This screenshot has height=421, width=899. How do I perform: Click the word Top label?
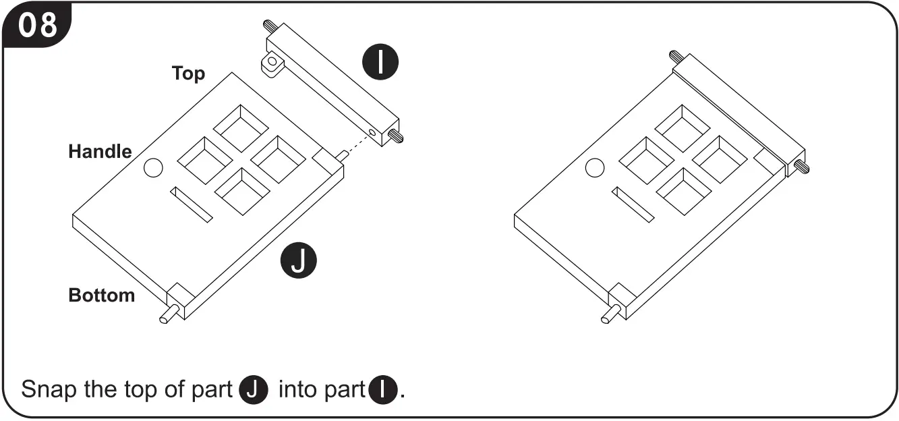pos(188,73)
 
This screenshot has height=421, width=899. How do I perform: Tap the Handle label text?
pos(100,151)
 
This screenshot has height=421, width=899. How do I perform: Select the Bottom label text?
pos(101,295)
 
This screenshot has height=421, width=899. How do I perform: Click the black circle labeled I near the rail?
pos(381,62)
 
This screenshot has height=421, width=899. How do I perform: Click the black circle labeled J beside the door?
pos(298,262)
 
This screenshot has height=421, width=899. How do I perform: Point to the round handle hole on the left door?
pos(153,168)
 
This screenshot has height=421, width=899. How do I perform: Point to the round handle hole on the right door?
pos(595,167)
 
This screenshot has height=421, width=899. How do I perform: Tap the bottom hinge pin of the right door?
pos(609,314)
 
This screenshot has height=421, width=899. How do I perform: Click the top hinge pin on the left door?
pos(342,155)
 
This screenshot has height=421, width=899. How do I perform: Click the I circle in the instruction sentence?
pos(383,390)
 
